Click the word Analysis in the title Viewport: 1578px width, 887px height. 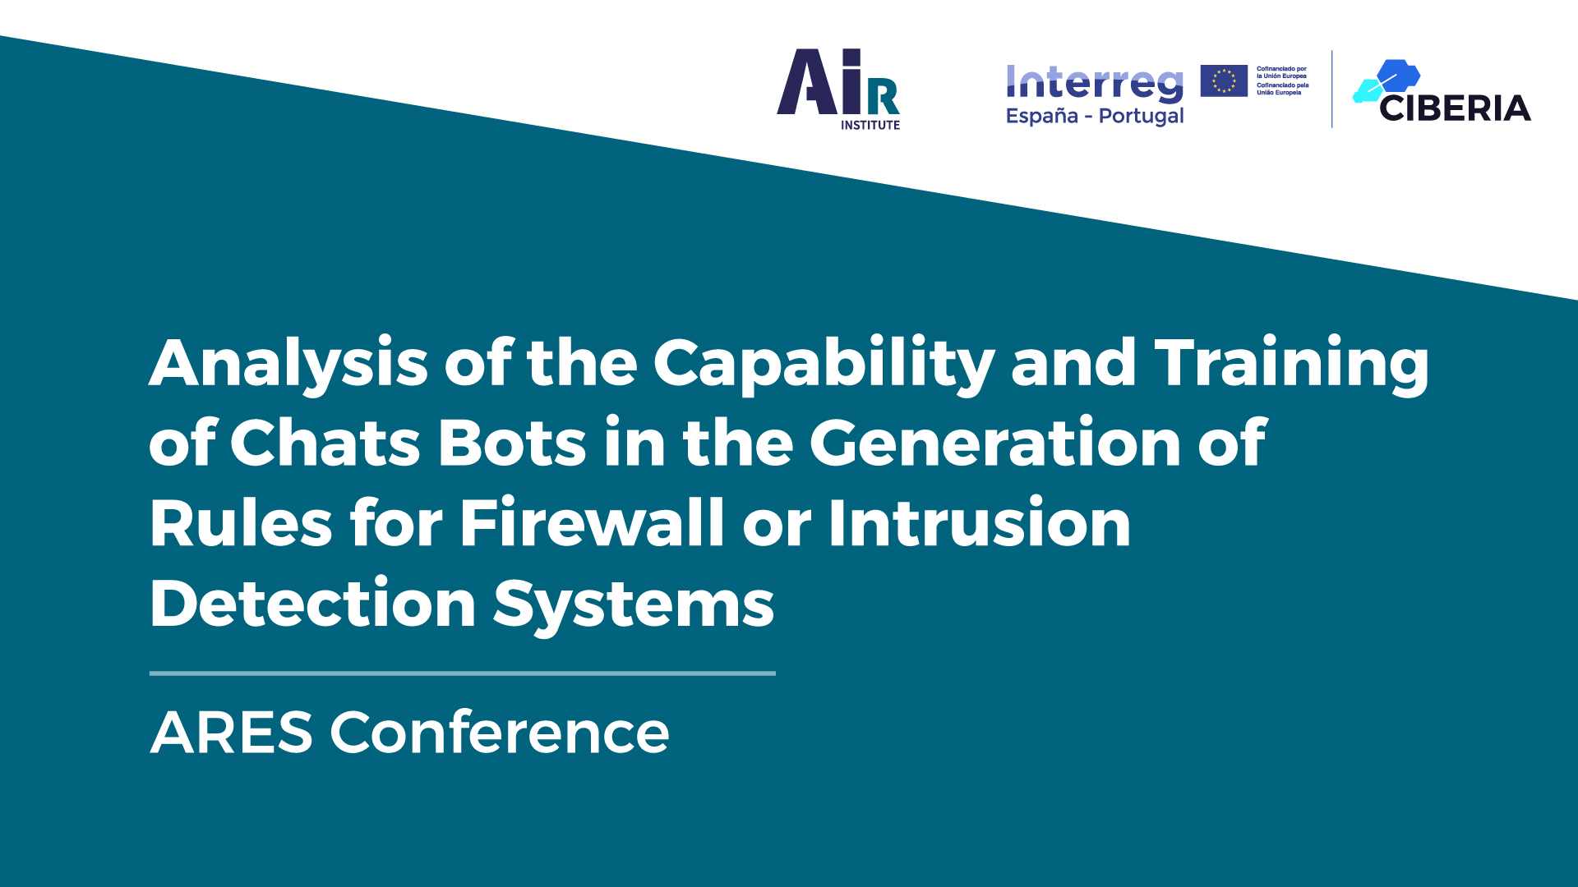(288, 364)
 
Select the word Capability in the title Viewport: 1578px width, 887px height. (824, 364)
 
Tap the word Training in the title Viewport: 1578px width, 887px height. (1292, 364)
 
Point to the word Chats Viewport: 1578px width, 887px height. (325, 443)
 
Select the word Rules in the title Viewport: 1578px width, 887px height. (241, 523)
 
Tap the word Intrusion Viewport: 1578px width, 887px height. (980, 522)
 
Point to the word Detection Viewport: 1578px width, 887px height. (313, 603)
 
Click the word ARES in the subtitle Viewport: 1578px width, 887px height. (232, 733)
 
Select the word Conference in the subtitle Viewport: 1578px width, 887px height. (500, 732)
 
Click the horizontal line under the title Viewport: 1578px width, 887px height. (463, 673)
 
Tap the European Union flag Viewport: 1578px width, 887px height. (1224, 80)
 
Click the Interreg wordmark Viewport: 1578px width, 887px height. (1095, 84)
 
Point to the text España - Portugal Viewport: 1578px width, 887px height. (1095, 116)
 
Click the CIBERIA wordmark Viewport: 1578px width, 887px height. (1455, 108)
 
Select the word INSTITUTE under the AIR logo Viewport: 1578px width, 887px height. (870, 125)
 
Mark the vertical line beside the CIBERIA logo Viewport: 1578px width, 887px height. (1332, 89)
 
